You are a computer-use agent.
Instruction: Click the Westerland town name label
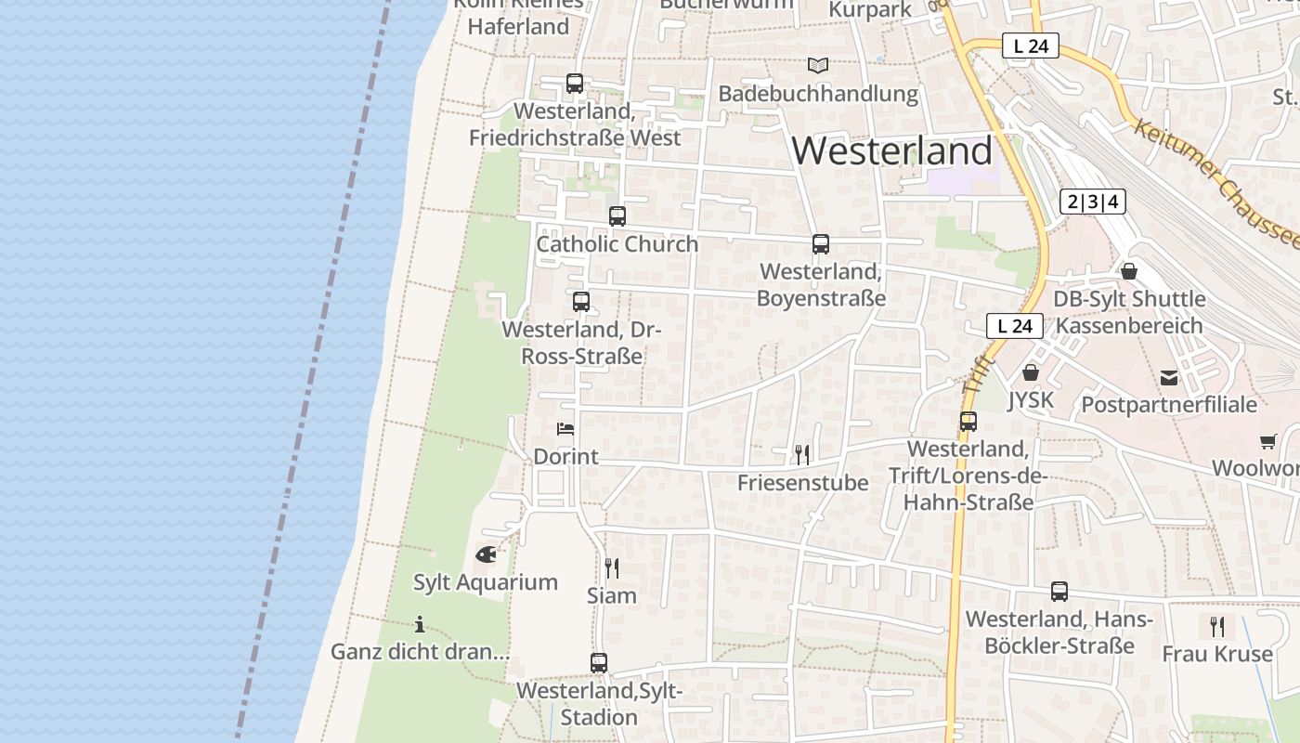click(x=892, y=150)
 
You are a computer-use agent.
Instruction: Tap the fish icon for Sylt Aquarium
click(x=486, y=554)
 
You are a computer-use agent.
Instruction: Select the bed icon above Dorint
click(x=565, y=428)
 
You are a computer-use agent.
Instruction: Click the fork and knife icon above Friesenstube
click(x=802, y=454)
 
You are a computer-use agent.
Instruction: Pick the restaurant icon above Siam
click(x=612, y=567)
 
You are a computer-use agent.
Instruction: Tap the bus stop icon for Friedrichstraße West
click(x=575, y=84)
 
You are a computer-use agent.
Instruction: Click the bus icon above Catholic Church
click(x=617, y=216)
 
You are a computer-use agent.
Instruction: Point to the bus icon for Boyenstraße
click(x=821, y=244)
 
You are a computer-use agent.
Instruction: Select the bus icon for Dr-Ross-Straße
click(x=581, y=302)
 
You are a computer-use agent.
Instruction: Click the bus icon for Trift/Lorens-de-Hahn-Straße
click(x=968, y=422)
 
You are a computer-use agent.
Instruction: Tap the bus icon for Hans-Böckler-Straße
click(x=1059, y=592)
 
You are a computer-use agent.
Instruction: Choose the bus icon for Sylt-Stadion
click(x=599, y=663)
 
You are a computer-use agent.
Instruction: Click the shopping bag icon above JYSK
click(x=1030, y=372)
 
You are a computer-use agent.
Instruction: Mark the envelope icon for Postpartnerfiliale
click(x=1169, y=378)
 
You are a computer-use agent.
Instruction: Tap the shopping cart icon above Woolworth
click(x=1268, y=441)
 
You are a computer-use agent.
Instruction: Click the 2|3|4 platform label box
click(x=1093, y=202)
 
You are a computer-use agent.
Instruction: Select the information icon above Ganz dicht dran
click(x=420, y=624)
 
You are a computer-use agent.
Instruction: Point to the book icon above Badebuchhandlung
click(x=817, y=66)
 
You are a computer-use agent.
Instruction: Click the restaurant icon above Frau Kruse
click(x=1217, y=627)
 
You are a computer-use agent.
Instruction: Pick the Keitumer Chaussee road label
click(x=1216, y=181)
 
